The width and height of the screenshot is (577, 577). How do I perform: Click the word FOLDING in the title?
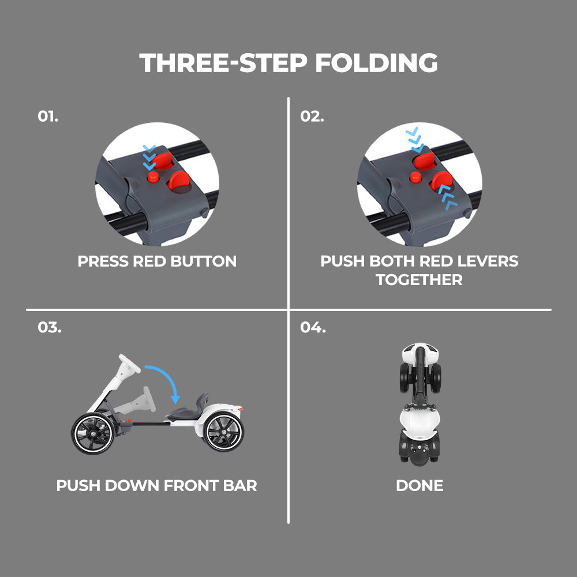point(376,63)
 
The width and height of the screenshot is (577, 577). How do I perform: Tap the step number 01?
point(48,117)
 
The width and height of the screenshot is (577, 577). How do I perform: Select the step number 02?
point(312,117)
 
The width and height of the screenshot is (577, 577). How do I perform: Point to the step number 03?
point(49,327)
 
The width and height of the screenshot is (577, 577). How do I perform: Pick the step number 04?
point(313,327)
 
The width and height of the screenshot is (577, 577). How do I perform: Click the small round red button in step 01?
point(153,177)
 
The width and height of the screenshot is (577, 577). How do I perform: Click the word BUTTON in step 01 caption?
point(204,261)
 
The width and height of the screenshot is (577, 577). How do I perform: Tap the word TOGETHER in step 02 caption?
point(419,280)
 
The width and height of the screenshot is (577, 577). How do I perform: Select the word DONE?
point(419,486)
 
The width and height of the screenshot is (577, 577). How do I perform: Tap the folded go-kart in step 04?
point(420,404)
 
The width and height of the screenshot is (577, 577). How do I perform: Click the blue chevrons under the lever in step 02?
point(448,197)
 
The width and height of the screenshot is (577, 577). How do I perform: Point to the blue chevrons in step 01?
point(149,158)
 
